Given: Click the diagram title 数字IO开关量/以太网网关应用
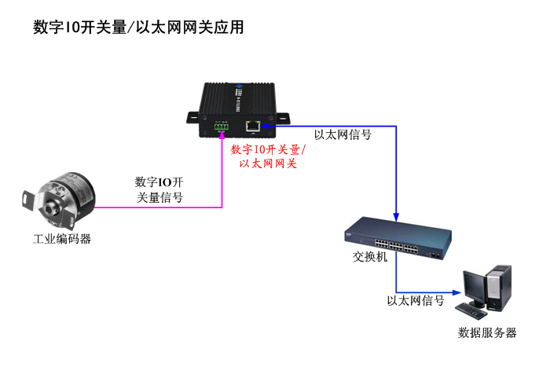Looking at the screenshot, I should pyautogui.click(x=138, y=28).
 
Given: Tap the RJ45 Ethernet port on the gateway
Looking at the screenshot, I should pyautogui.click(x=252, y=124).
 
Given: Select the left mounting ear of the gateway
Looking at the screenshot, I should pyautogui.click(x=193, y=117).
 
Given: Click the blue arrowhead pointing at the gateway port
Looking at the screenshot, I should pyautogui.click(x=265, y=124).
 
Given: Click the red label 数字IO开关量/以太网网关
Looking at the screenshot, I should pyautogui.click(x=268, y=156).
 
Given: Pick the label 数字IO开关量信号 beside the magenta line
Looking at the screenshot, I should pyautogui.click(x=160, y=190).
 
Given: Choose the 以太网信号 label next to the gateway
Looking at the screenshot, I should pyautogui.click(x=343, y=134).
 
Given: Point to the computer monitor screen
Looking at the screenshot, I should pyautogui.click(x=474, y=286).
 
